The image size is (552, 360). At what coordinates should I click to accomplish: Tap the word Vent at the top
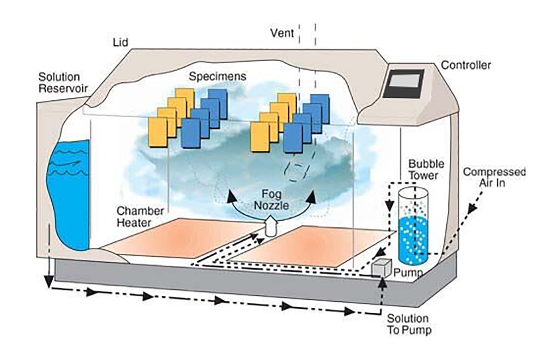pyautogui.click(x=282, y=33)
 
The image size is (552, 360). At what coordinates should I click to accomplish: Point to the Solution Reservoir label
pyautogui.click(x=59, y=82)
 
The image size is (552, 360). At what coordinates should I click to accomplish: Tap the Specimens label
pyautogui.click(x=212, y=76)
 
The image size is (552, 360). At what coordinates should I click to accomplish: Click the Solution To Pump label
pyautogui.click(x=408, y=324)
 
